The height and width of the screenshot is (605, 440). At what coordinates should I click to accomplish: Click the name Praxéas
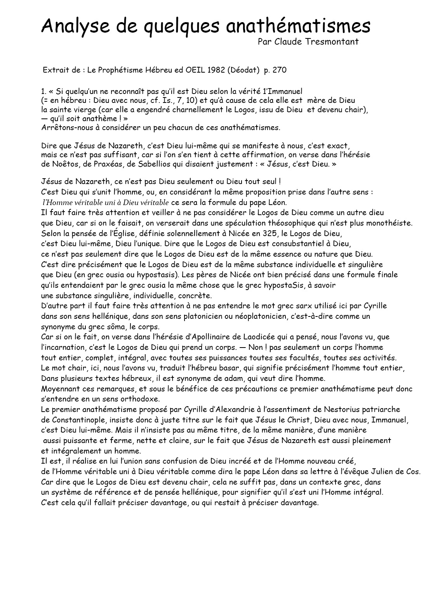tap(106, 164)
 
